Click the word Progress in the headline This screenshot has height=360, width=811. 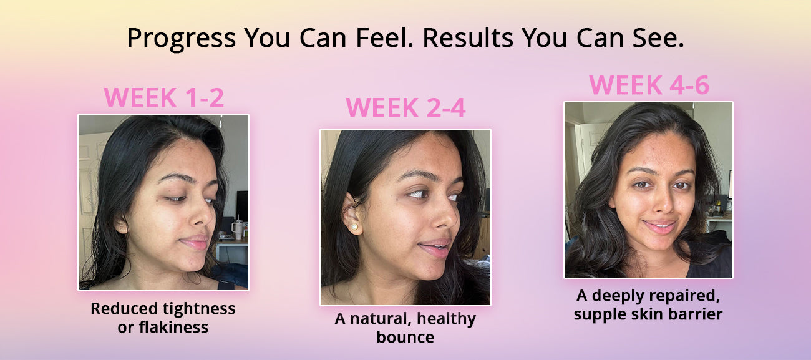(182, 38)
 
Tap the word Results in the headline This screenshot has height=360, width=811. (468, 37)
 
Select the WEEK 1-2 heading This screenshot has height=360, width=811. (164, 97)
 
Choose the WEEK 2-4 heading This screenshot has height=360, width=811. (405, 107)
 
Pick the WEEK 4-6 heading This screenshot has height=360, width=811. (649, 85)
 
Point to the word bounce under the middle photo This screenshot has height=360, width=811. (405, 337)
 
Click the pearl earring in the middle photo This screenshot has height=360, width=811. (354, 228)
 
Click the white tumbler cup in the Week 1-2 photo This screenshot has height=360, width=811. (238, 229)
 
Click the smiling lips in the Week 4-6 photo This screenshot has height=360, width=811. (660, 227)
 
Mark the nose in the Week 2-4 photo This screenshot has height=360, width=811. (446, 216)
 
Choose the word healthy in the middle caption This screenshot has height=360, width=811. (446, 319)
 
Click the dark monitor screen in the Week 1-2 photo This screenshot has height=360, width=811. (242, 205)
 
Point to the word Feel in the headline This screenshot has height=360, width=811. (384, 37)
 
